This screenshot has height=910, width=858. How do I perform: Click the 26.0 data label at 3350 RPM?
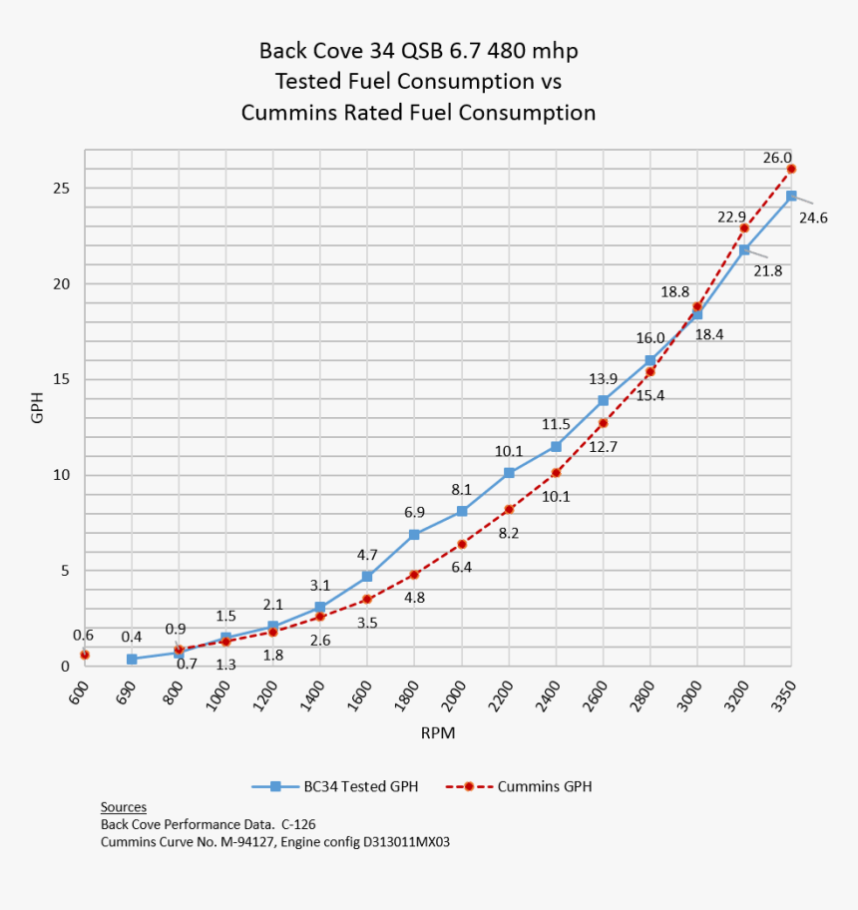pos(777,158)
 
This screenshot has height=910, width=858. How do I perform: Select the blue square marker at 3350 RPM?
pos(791,196)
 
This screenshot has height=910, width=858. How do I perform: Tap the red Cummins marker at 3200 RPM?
pos(744,228)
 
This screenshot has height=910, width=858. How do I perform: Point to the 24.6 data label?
pos(814,217)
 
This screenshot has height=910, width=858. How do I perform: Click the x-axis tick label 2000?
pos(454,689)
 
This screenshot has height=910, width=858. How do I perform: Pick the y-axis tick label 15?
pos(62,379)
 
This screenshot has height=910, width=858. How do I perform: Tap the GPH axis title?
pos(38,407)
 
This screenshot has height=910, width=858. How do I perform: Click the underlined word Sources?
pos(124,806)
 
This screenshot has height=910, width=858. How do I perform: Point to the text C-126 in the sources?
pos(297,824)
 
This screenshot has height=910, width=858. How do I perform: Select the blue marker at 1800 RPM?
pos(414,535)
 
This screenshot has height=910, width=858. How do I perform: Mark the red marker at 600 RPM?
pos(85,655)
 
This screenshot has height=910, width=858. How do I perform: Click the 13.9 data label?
pos(604,379)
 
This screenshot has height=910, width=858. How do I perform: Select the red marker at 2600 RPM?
pos(603,423)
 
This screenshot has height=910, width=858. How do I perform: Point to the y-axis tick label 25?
pos(62,188)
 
